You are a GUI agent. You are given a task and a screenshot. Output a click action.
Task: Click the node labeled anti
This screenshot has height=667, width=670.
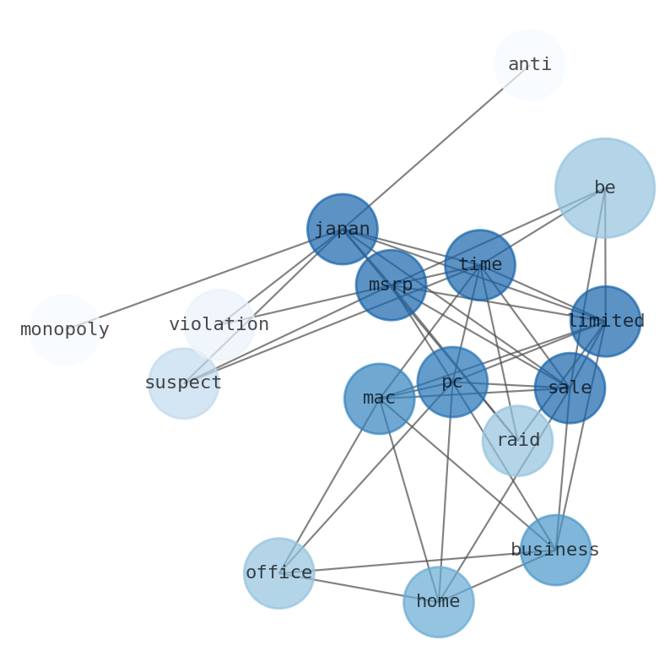pos(529,65)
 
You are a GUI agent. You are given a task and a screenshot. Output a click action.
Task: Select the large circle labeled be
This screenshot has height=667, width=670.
pos(604,187)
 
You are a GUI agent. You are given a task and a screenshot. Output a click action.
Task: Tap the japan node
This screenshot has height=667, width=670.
pos(342,229)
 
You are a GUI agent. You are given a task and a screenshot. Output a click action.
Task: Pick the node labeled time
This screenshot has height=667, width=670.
pos(479,264)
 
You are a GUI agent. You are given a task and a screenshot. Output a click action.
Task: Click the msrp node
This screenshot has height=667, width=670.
pos(391,285)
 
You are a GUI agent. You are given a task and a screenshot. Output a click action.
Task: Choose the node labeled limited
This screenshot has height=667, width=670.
pos(605,321)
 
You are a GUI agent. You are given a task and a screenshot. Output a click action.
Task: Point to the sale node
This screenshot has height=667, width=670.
pos(570,388)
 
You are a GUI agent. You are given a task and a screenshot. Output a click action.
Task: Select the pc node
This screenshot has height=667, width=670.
pos(452,382)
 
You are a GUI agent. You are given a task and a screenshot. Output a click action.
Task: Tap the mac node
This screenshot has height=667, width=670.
pos(379,399)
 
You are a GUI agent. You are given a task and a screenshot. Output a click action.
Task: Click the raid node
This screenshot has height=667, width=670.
pos(517,440)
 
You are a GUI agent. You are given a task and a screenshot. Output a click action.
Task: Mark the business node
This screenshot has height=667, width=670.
pos(555,550)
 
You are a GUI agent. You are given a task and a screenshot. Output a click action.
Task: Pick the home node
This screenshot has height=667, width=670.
pos(438,601)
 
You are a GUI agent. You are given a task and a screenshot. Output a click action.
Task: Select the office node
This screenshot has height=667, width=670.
pos(278,573)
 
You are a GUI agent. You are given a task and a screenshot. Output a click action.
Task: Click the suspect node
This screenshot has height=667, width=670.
pos(183,382)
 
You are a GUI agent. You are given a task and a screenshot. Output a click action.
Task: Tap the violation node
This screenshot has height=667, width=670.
pos(219,324)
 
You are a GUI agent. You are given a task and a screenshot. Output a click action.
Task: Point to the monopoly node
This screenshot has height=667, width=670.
pos(65,329)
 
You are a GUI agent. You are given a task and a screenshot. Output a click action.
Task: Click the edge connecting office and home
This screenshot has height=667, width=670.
pos(359,588)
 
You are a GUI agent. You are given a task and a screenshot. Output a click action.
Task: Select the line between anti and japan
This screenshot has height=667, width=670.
pos(435,147)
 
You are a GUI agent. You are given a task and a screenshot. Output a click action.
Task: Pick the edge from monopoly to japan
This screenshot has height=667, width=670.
pos(203,279)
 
